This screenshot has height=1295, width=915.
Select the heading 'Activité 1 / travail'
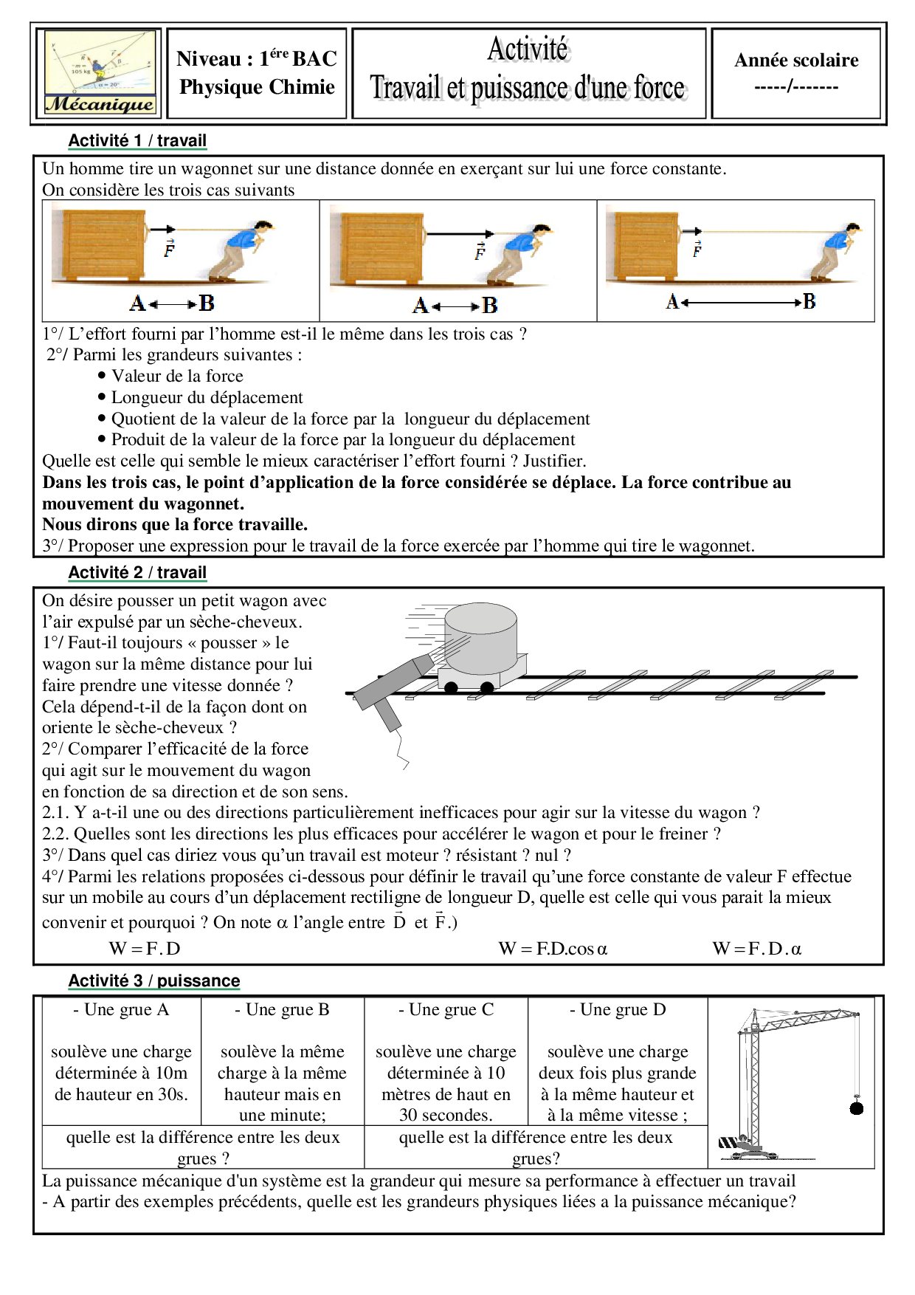(x=137, y=140)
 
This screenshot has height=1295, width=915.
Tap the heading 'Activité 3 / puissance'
(x=154, y=980)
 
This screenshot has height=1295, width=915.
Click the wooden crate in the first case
(x=100, y=246)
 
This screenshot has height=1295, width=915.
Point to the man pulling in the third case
(x=838, y=251)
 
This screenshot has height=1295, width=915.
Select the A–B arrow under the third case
(x=740, y=302)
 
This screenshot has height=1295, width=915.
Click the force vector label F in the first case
(x=170, y=249)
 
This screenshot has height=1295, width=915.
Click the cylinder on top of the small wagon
(x=480, y=637)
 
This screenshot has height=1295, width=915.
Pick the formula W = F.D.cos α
(x=553, y=949)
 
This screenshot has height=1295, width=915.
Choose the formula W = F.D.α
(x=756, y=949)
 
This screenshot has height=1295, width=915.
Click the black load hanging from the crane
(x=857, y=1107)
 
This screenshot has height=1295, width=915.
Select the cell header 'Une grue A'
(x=121, y=1009)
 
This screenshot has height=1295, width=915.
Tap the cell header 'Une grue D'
(x=618, y=1009)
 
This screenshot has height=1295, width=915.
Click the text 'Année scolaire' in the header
(x=796, y=61)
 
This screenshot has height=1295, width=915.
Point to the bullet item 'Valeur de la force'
(x=177, y=376)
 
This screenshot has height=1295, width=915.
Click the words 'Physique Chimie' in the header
(x=257, y=87)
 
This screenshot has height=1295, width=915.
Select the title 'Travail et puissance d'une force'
(x=528, y=88)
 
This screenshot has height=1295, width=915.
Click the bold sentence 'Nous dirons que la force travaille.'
(x=175, y=525)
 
